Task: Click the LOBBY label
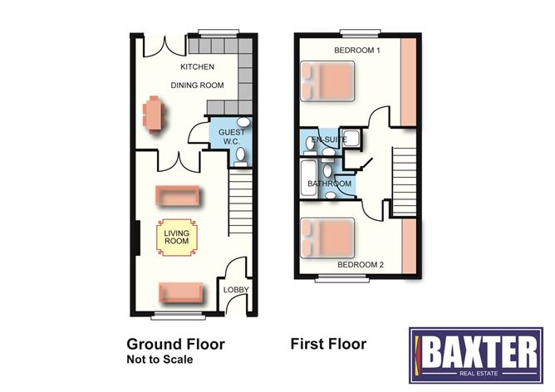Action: point(233,289)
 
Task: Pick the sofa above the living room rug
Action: point(179,196)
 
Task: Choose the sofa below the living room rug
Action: point(180,292)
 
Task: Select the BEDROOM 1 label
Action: point(357,51)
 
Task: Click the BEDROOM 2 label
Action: point(359,266)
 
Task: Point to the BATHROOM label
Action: point(329,184)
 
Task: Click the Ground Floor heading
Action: point(175,343)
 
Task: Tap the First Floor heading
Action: point(327,343)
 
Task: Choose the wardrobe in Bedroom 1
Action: point(410,83)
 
